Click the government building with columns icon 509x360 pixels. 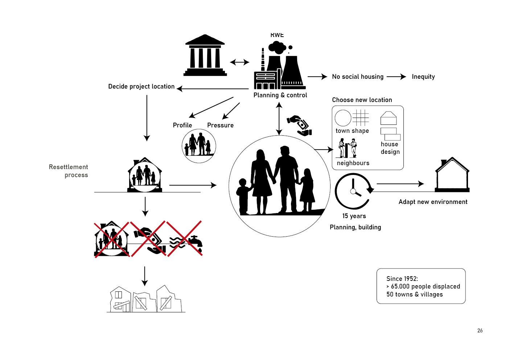point(205,56)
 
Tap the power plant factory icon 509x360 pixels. point(279,67)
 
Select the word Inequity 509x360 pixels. point(423,77)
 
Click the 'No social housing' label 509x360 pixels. point(358,77)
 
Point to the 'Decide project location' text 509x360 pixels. point(141,86)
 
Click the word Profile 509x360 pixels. point(182,125)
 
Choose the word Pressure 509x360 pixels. point(220,125)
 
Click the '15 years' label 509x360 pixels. point(354,216)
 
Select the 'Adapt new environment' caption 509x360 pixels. point(433,202)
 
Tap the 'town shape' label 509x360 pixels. point(352,131)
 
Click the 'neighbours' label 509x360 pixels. point(353,163)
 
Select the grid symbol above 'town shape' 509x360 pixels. point(361,118)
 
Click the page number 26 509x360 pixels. point(480,331)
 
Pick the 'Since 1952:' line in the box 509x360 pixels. point(402,279)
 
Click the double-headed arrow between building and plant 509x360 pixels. point(239,62)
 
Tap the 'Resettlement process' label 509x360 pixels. point(69,171)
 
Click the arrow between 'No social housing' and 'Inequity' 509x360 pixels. point(397,77)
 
